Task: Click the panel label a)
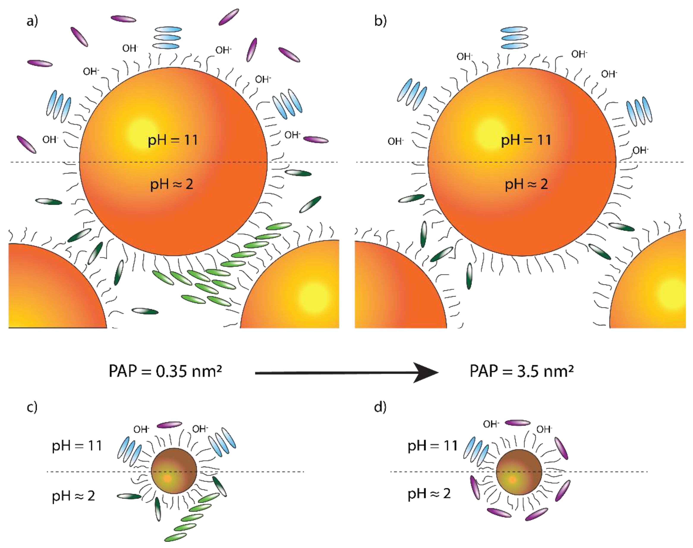click(x=32, y=21)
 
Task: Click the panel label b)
click(x=380, y=21)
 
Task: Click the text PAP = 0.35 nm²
click(x=165, y=371)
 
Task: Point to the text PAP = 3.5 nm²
click(x=521, y=371)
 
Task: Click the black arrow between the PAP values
click(x=346, y=373)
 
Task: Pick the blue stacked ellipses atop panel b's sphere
click(x=514, y=38)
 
